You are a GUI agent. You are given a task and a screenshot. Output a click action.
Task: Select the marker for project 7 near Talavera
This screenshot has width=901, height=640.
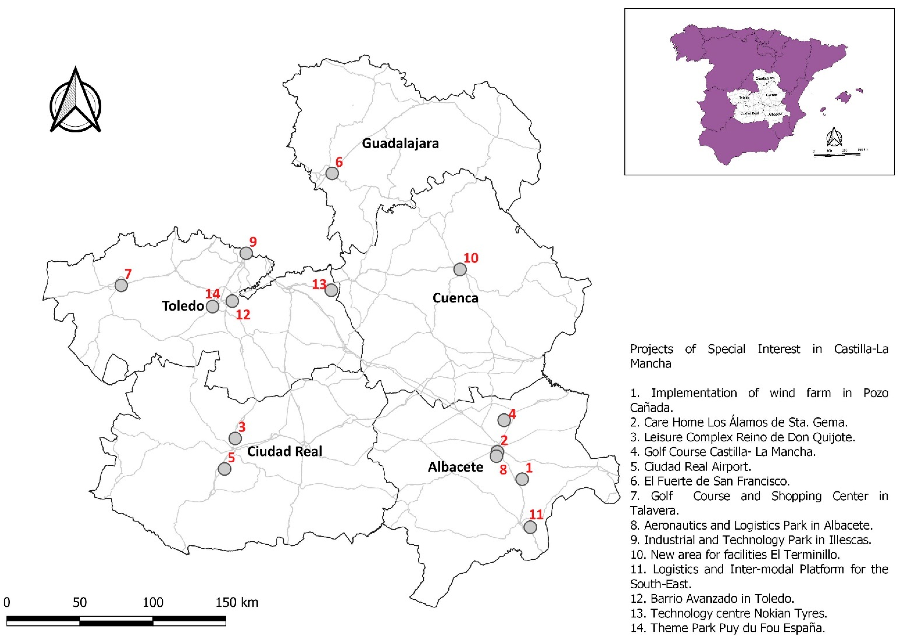[121, 285]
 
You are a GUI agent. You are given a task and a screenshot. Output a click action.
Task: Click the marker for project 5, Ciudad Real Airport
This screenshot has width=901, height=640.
[225, 469]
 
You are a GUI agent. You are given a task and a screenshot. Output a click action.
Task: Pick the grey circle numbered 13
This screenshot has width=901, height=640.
[331, 290]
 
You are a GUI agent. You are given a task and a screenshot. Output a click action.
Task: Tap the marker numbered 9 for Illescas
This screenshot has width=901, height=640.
[246, 253]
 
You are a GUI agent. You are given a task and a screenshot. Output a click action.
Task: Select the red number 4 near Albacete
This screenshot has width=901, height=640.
[512, 414]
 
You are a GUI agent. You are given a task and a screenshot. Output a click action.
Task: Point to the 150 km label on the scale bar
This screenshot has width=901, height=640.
[237, 602]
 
